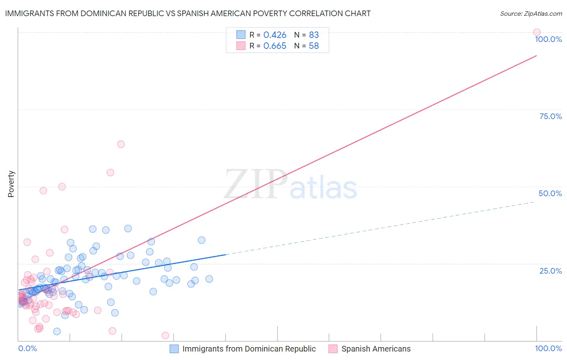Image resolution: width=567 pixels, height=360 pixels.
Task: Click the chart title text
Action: pyautogui.click(x=188, y=13)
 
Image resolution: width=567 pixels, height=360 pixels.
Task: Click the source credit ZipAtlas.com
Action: pyautogui.click(x=531, y=13)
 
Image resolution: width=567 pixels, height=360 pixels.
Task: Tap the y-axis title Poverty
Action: pyautogui.click(x=11, y=184)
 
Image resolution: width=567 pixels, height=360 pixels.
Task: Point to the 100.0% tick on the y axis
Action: pyautogui.click(x=548, y=39)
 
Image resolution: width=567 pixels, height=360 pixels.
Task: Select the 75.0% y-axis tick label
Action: pyautogui.click(x=550, y=116)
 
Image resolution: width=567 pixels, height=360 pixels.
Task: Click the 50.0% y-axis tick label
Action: pyautogui.click(x=550, y=193)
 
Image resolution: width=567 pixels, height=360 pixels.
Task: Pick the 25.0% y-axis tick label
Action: pyautogui.click(x=550, y=271)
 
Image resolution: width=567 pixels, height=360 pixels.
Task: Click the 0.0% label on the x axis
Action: pyautogui.click(x=27, y=348)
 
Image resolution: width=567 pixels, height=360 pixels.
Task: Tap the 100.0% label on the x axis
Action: pyautogui.click(x=548, y=348)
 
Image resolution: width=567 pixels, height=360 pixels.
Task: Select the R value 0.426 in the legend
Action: pyautogui.click(x=275, y=35)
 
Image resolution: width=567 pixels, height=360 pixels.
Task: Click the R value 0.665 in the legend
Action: pyautogui.click(x=275, y=46)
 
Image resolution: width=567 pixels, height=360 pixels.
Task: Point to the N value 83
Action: pyautogui.click(x=314, y=35)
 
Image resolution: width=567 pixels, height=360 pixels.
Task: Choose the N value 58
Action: pyautogui.click(x=314, y=46)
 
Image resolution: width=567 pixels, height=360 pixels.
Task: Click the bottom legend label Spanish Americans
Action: pyautogui.click(x=376, y=349)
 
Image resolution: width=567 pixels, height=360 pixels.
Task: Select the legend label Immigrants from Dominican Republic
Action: pyautogui.click(x=249, y=349)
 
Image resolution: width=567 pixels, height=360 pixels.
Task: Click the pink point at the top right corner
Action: pyautogui.click(x=537, y=32)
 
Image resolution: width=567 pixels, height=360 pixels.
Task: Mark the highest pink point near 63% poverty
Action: pyautogui.click(x=121, y=144)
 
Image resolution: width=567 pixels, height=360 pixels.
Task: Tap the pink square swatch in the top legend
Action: pyautogui.click(x=241, y=46)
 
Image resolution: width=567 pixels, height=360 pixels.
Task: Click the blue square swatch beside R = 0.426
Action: pyautogui.click(x=241, y=35)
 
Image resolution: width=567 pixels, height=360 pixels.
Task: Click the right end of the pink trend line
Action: pyautogui.click(x=536, y=56)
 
